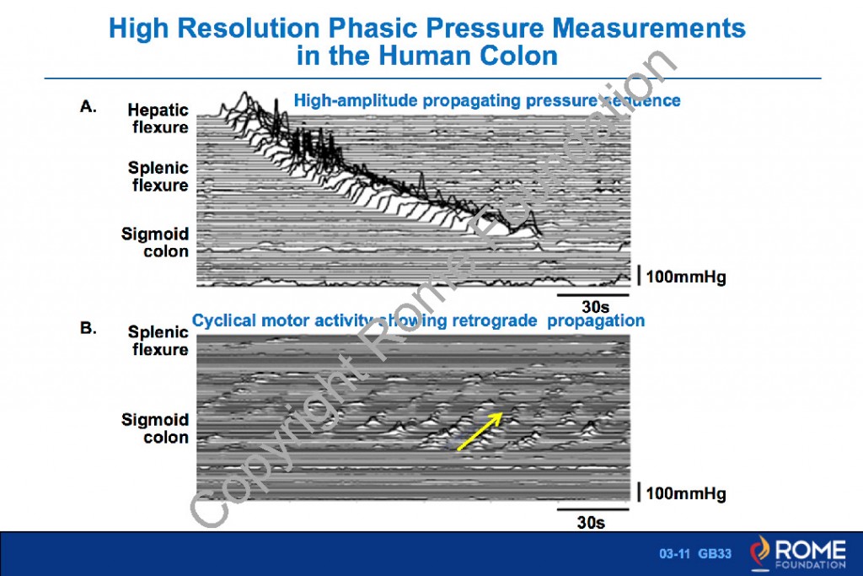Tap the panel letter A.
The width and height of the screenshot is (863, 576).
[88, 107]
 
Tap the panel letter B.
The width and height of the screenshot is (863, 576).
[88, 328]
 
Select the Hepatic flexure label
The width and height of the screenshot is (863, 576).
[158, 119]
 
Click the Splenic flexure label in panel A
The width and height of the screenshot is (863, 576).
[158, 176]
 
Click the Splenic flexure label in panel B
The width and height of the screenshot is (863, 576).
[158, 341]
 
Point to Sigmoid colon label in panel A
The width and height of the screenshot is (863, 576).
[155, 243]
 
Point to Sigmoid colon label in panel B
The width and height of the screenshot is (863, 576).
[155, 428]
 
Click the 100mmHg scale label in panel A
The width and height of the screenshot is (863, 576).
[685, 277]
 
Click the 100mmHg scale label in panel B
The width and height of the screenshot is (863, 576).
[685, 493]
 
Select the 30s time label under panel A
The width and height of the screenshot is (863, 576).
[593, 307]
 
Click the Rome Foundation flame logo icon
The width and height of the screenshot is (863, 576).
[761, 553]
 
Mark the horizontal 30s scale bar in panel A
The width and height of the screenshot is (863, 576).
[592, 295]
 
